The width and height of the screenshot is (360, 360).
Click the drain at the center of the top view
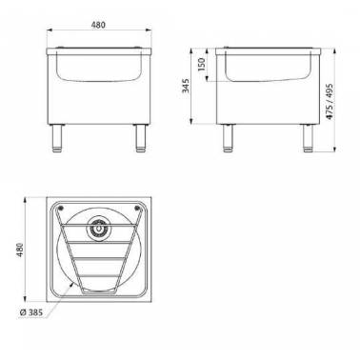(99, 229)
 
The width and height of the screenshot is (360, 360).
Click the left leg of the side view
(228, 139)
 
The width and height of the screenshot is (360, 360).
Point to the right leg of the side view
(309, 139)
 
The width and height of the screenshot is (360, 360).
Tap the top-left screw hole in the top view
(59, 208)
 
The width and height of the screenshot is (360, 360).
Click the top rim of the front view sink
(99, 47)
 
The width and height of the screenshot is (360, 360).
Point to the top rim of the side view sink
(268, 47)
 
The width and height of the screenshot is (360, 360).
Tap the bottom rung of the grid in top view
(99, 283)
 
